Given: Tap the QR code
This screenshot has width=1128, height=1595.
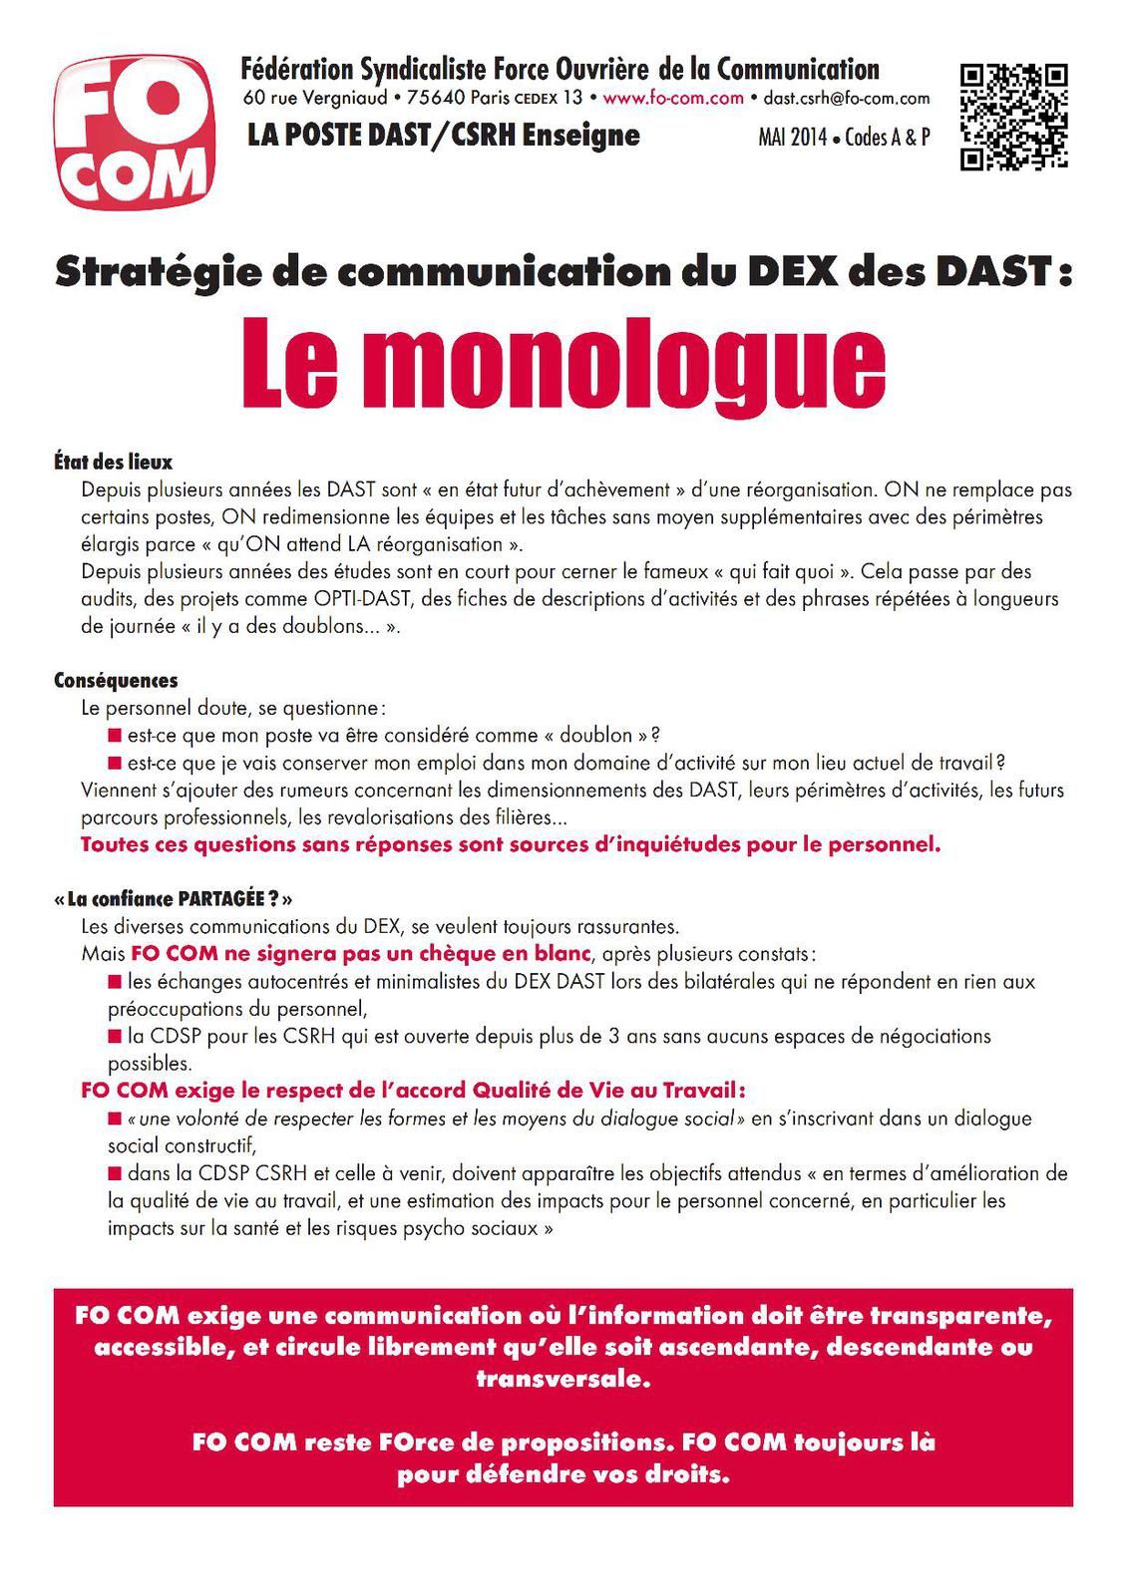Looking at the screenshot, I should coord(1013,117).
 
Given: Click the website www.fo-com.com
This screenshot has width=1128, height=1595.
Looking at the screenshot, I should coord(673,98).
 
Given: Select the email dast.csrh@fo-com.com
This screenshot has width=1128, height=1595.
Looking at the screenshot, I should coord(846,99).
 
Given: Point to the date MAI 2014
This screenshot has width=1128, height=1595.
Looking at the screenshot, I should coord(792,139).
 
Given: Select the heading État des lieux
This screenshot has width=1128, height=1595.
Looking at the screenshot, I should coord(113,463).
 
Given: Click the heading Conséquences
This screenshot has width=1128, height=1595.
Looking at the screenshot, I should coord(116,681).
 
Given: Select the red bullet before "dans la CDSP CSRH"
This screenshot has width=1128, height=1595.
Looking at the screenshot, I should coord(116,1173).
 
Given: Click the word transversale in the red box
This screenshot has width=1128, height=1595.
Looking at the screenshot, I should coord(564,1381).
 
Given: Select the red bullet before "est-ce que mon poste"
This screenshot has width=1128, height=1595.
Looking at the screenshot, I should coord(116,736).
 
